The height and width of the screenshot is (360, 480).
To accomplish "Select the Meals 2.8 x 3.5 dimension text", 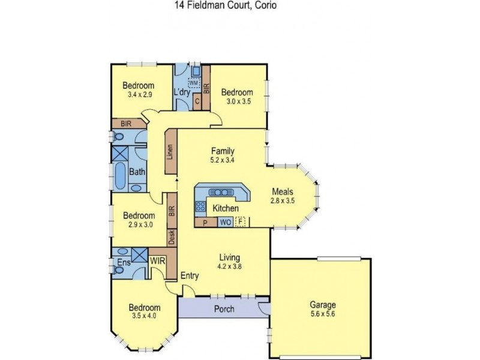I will coord(282,201).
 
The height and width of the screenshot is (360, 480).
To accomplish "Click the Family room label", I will coord(221,151).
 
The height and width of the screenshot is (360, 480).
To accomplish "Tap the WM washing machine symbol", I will coord(194,82).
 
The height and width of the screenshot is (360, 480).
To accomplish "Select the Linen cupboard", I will coord(170,154).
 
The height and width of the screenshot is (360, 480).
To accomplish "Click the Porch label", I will coord(224,310).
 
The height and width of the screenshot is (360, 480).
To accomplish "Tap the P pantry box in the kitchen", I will coord(206,223).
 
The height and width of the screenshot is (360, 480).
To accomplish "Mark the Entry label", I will coord(190,275).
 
